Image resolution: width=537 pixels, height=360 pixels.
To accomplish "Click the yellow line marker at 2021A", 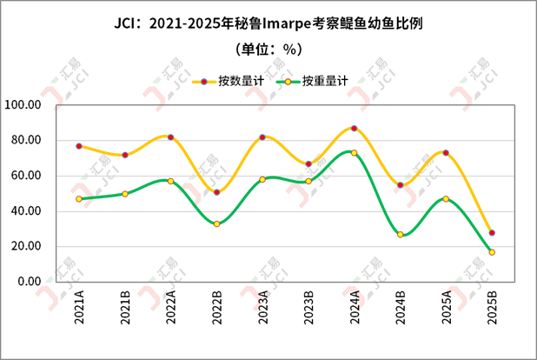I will tap(79, 146).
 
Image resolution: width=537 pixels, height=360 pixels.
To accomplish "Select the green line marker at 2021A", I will tap(79, 199).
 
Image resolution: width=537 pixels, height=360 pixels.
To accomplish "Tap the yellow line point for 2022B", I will tap(216, 192).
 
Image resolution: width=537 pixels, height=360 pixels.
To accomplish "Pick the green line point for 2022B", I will tap(216, 223).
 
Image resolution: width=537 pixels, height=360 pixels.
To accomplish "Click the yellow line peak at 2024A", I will tap(354, 129).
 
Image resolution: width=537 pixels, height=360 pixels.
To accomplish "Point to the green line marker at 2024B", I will tap(400, 234).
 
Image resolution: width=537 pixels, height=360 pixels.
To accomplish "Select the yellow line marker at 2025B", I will tap(492, 232).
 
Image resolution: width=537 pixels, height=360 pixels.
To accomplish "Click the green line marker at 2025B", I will tap(492, 252).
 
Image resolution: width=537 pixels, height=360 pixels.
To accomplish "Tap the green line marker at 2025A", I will tap(446, 199).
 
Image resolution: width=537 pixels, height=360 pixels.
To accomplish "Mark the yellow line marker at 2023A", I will tap(262, 137).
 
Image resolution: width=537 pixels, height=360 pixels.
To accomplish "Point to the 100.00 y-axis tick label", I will tap(23, 105).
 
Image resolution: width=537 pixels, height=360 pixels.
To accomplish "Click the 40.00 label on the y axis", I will tap(27, 211).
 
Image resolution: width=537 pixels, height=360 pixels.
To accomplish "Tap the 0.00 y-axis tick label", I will tap(30, 282).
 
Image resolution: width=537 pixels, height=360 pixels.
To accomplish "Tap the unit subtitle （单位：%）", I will tap(268, 49).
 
